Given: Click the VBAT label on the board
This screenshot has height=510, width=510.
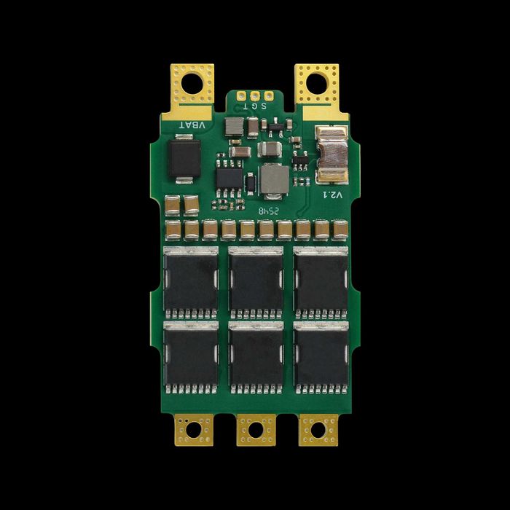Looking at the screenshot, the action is point(192,125).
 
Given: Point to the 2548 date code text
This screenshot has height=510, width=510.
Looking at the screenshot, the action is point(269,211).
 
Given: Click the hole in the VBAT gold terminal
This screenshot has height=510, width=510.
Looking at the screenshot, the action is point(192,84).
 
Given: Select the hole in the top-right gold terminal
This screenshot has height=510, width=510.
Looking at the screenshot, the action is point(316,84).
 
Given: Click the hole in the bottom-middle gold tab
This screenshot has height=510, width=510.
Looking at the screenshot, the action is point(256,430).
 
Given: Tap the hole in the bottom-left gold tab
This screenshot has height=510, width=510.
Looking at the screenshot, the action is point(194,430).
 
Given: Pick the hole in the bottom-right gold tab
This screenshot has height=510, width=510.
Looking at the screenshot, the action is point(318,430).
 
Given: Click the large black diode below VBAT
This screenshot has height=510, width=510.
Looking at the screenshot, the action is point(184,159).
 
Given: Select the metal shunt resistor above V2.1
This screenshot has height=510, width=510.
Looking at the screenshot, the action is point(332,154).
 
